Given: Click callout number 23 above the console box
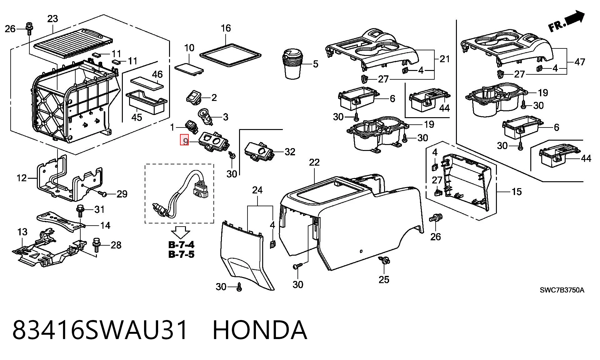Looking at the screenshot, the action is [x=52, y=19].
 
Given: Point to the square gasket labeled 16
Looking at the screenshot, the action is [x=230, y=55].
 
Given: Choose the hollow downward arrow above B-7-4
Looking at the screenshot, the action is [x=181, y=232].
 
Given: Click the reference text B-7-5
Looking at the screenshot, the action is [x=181, y=254].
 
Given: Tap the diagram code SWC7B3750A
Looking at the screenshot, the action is [x=562, y=290].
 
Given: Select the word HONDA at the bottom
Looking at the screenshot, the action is [x=260, y=330].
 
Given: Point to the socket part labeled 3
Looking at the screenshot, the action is [x=205, y=116].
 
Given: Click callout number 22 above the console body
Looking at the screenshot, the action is [x=314, y=162].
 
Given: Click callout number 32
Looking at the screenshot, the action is [x=290, y=152].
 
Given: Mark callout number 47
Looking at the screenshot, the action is [x=580, y=62].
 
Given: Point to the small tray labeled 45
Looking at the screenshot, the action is [x=146, y=102].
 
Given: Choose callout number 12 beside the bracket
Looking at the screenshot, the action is [x=22, y=178].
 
